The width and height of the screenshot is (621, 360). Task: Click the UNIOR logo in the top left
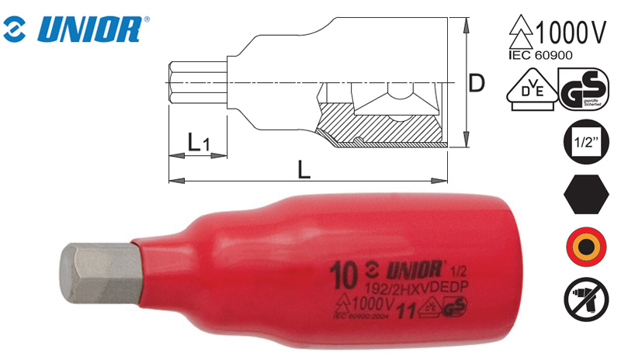[74, 29]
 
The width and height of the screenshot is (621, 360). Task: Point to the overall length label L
[304, 168]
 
